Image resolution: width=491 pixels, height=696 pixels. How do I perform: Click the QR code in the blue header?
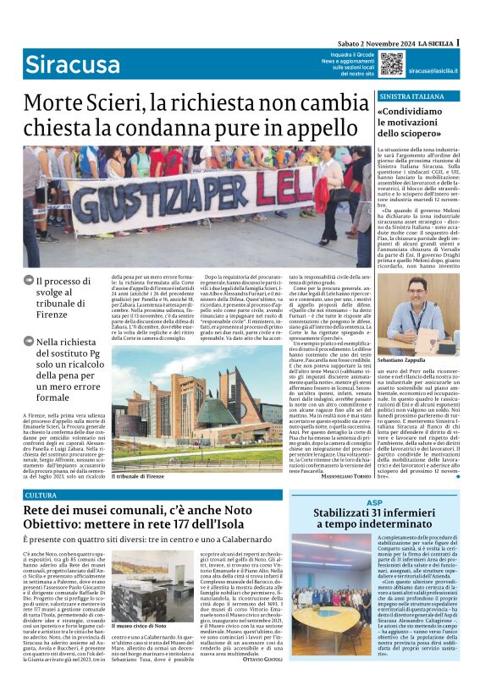391,63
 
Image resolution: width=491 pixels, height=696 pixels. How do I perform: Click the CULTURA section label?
41,495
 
